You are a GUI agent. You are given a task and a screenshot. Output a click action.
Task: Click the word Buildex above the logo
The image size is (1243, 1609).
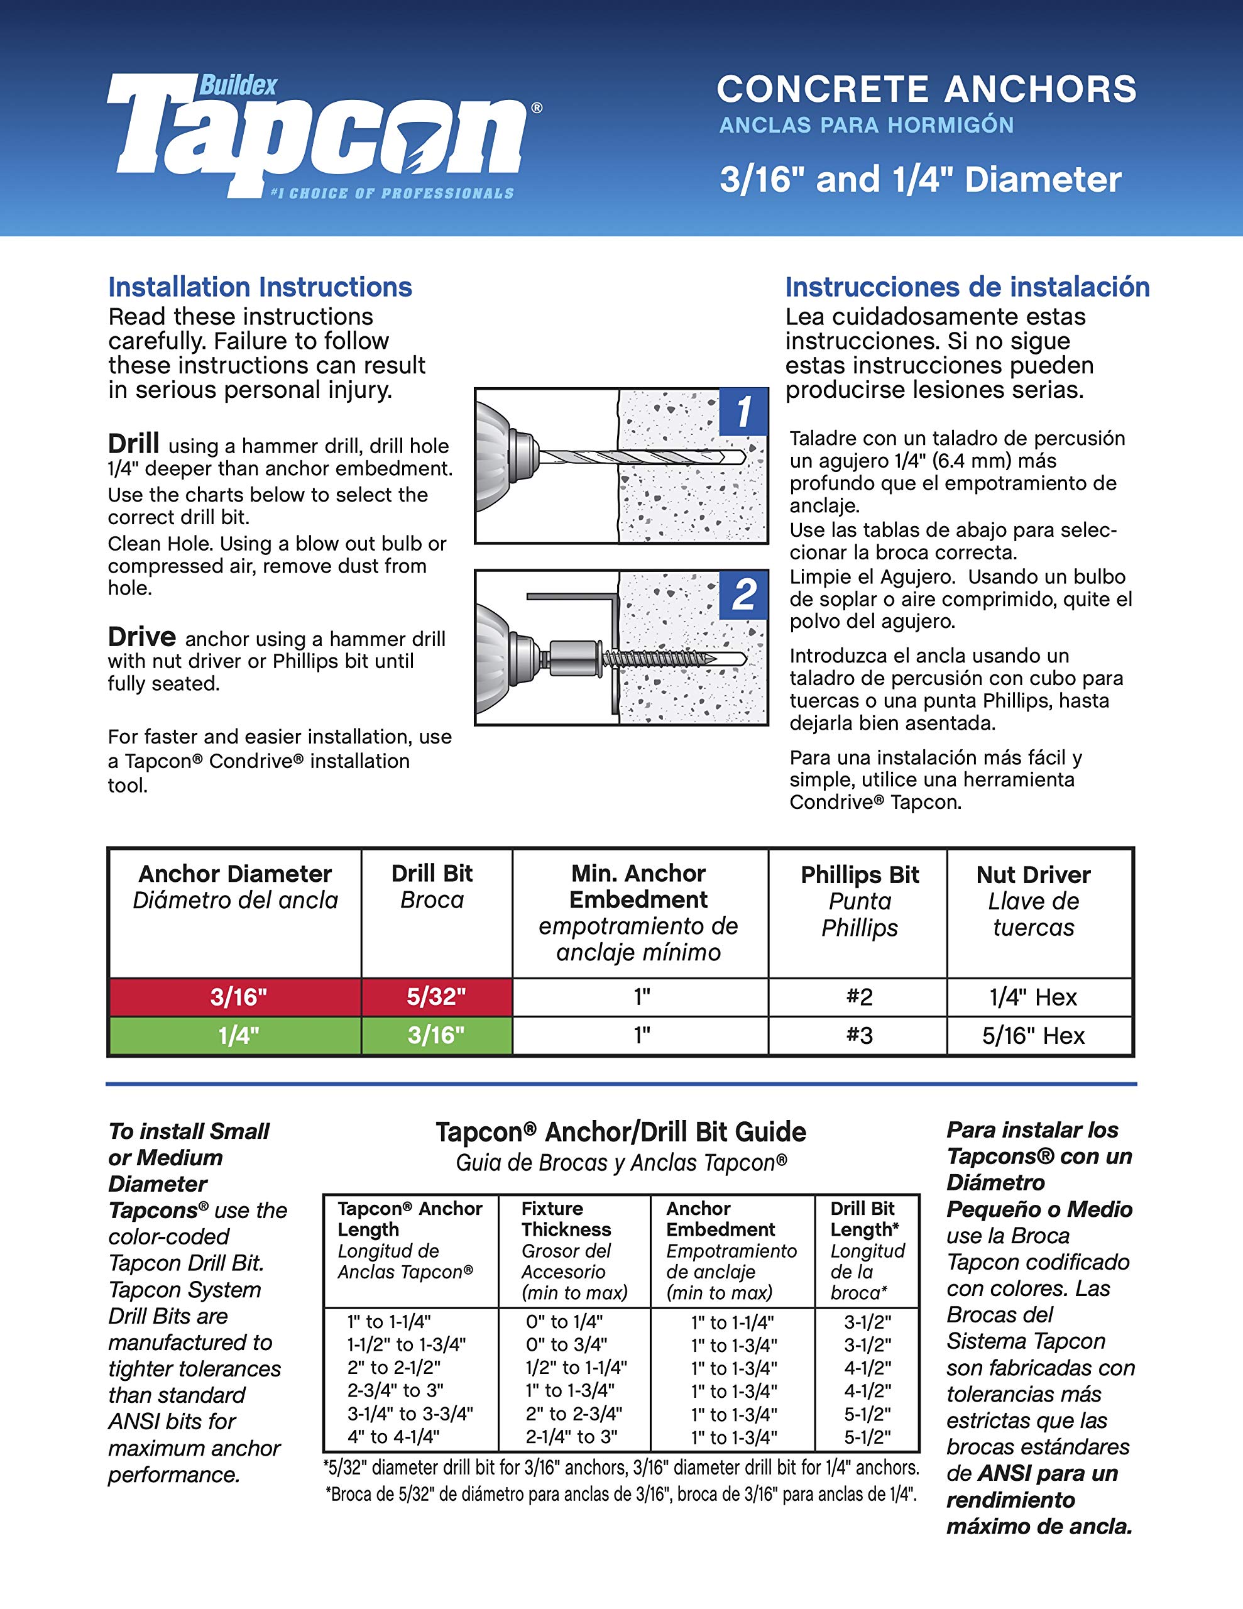[x=238, y=85]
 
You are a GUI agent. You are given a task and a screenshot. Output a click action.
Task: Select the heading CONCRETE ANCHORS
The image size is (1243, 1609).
[x=926, y=89]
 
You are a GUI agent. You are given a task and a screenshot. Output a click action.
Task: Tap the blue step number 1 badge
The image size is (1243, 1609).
[x=743, y=411]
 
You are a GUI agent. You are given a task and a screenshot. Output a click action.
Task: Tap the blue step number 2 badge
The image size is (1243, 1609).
[x=743, y=594]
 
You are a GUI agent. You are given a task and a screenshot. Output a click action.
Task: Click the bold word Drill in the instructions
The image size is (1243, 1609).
[x=133, y=444]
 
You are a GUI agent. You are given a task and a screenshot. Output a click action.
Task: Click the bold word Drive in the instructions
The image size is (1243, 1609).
[x=141, y=637]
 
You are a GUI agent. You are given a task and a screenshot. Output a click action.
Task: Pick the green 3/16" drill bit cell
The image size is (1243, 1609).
[x=436, y=1035]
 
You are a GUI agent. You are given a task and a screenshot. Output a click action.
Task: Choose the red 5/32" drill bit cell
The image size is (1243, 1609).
[x=436, y=997]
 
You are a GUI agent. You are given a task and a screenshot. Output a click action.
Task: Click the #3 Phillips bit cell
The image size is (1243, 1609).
[x=858, y=1035]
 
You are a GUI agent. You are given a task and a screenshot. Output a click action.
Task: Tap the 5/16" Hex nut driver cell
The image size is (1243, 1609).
[x=1033, y=1035]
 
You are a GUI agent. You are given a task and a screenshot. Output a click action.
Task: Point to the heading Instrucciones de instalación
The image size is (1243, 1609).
[x=966, y=287]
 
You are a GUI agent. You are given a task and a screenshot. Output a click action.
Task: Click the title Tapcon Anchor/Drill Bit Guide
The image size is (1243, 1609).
[x=620, y=1131]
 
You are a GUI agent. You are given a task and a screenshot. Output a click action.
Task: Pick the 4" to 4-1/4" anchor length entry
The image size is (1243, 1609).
[x=393, y=1436]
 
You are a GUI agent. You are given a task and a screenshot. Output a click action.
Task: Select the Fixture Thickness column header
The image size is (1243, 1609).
[x=566, y=1219]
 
